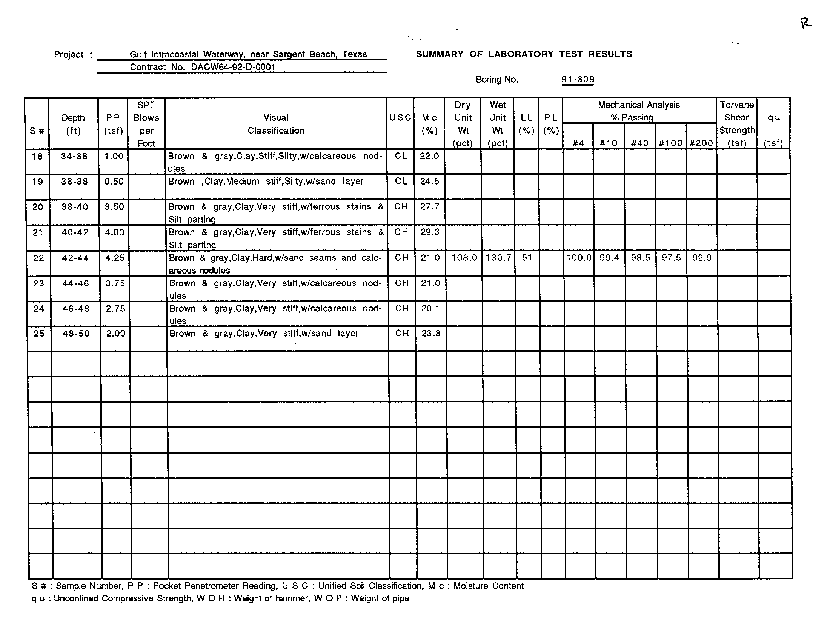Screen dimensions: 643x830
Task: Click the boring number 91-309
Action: click(578, 79)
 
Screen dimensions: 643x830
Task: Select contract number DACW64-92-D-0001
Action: click(233, 67)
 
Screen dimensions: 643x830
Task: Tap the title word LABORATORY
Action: click(521, 54)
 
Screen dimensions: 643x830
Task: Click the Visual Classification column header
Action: click(276, 124)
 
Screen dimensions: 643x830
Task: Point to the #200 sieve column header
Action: click(701, 143)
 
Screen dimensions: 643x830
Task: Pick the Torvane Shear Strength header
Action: click(736, 124)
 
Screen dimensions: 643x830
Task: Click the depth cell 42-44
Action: click(75, 258)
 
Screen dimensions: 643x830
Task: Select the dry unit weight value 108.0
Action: click(464, 258)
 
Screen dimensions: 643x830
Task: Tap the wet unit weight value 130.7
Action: click(498, 258)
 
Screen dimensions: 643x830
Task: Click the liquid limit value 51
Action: click(527, 258)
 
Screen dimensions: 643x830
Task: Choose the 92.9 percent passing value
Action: click(702, 258)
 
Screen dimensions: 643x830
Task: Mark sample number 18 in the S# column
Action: click(37, 157)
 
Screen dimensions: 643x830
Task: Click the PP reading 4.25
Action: click(115, 258)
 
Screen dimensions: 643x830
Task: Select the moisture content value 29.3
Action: click(430, 232)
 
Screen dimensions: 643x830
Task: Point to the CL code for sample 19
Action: click(401, 182)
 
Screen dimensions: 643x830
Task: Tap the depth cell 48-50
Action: click(76, 334)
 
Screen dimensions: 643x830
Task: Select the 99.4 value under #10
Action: click(609, 258)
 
